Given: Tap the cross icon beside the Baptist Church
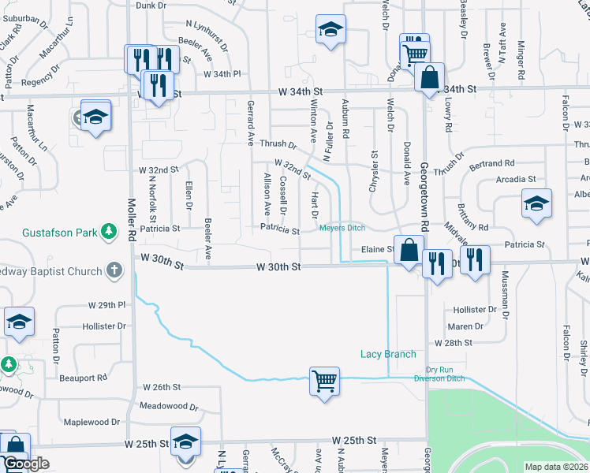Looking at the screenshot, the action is tap(114, 271).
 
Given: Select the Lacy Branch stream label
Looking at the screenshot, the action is tap(388, 354).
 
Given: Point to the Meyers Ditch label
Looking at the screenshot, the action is tap(342, 228).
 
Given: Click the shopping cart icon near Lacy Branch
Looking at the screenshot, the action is tap(324, 382).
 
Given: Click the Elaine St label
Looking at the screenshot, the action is tap(377, 249).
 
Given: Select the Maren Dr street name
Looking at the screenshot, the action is tap(465, 326).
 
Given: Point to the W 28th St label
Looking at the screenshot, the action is tap(453, 343).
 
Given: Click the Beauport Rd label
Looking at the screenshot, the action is tap(83, 378).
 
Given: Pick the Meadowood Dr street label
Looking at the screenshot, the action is tap(168, 406).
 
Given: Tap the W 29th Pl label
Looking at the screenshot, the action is tap(107, 304).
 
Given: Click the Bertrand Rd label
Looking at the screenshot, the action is tap(491, 163).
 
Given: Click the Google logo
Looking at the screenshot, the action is tap(26, 464).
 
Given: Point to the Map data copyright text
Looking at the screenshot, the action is tap(556, 467).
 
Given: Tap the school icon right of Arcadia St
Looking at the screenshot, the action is tap(536, 204).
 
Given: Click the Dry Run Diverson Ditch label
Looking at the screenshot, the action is tap(447, 374).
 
